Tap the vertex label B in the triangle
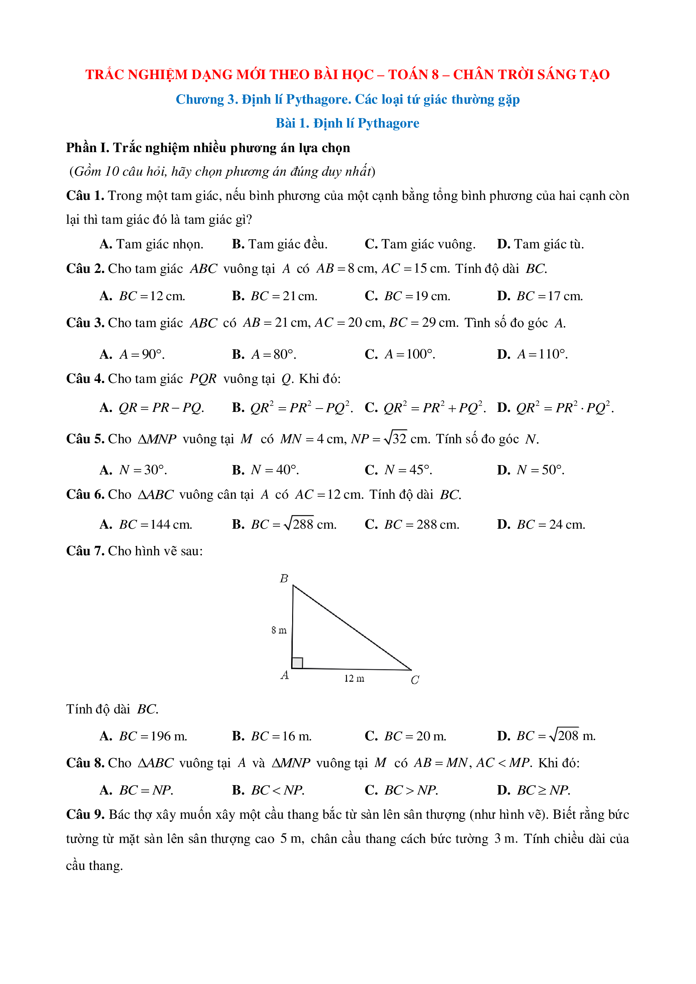pyautogui.click(x=284, y=578)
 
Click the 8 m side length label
pyautogui.click(x=279, y=630)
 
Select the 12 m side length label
pyautogui.click(x=354, y=678)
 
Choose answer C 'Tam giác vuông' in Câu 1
pyautogui.click(x=420, y=244)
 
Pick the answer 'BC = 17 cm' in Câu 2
pyautogui.click(x=540, y=296)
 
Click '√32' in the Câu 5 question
pyautogui.click(x=395, y=438)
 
